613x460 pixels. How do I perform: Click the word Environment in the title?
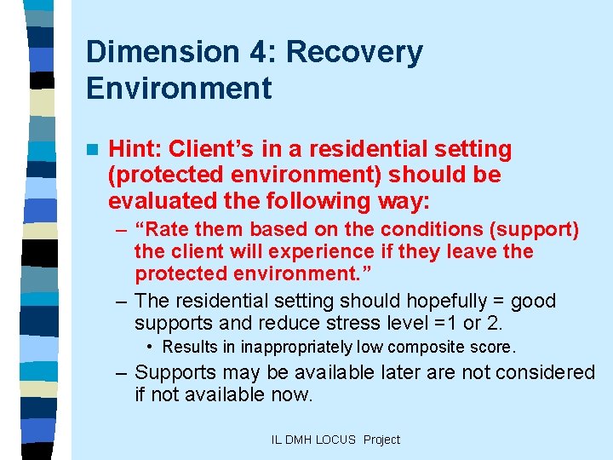pyautogui.click(x=179, y=88)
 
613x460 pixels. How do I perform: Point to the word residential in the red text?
pyautogui.click(x=368, y=150)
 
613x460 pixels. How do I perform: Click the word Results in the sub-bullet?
pyautogui.click(x=188, y=348)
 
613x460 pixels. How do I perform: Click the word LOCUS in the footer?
pyautogui.click(x=335, y=440)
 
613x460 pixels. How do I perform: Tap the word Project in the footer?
pyautogui.click(x=381, y=440)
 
